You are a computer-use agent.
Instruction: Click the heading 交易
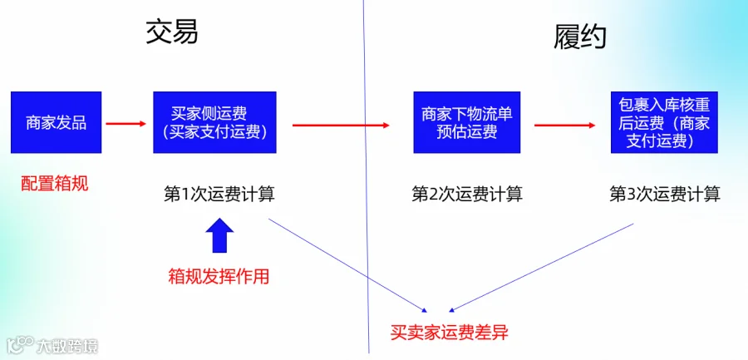coord(172,32)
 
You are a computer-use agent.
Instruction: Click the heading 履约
coord(579,37)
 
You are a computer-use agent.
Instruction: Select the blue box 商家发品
coord(57,122)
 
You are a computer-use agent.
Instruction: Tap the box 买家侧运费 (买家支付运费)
coord(214,122)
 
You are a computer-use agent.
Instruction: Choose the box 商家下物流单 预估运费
coord(466,122)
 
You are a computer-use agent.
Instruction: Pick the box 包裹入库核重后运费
coord(665,122)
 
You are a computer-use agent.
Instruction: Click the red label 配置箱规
coord(54,184)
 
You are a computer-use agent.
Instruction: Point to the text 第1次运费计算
coord(219,195)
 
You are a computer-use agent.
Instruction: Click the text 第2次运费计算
coord(467,195)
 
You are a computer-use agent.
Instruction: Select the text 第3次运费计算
coord(665,195)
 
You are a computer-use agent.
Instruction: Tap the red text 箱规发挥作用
coord(219,277)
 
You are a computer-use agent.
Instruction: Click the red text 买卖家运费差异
coord(450,333)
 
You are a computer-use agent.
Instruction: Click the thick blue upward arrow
coord(219,235)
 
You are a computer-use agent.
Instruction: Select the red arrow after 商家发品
coord(126,124)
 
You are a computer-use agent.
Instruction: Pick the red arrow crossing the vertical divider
coord(341,125)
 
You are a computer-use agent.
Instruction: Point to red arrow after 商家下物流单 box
coord(565,126)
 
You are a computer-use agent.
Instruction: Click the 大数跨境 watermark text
coord(68,346)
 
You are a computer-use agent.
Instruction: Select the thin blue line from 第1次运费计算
coord(347,265)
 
